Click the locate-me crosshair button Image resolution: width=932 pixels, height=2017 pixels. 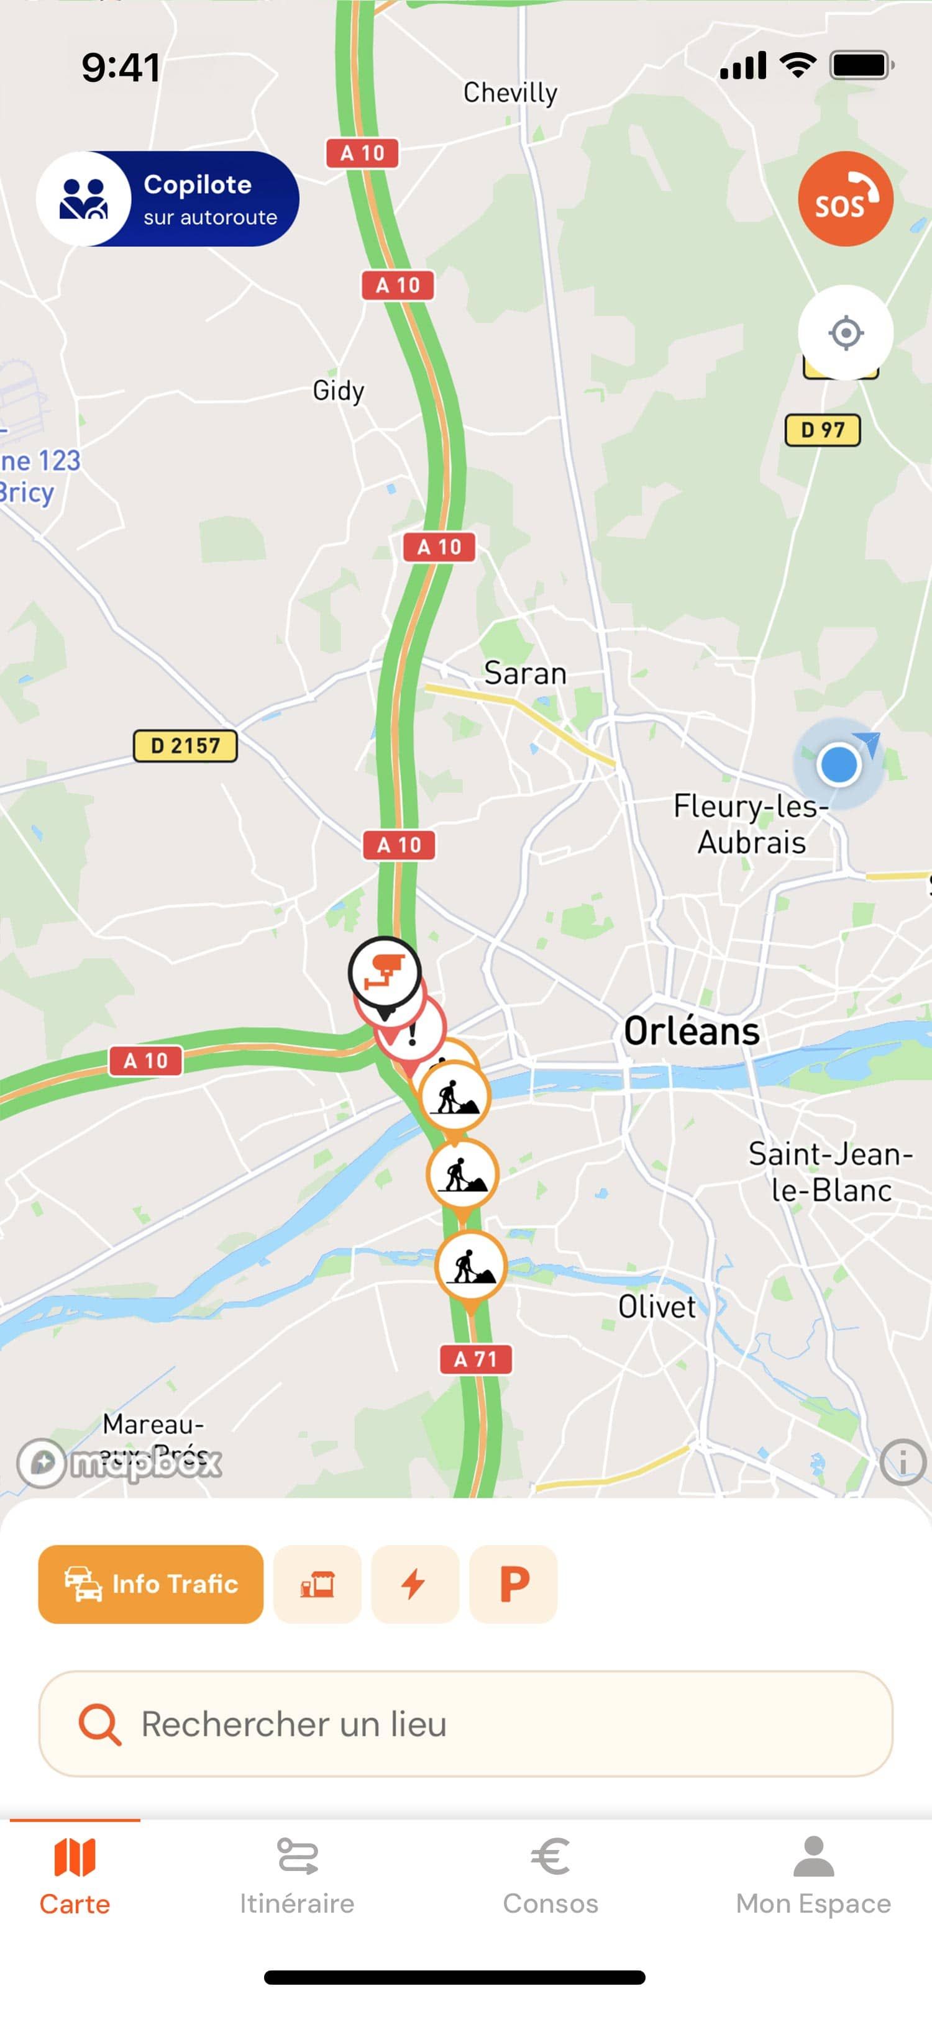[845, 333]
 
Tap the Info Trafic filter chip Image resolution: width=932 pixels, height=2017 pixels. [150, 1584]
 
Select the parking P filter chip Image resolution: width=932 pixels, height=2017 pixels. [513, 1584]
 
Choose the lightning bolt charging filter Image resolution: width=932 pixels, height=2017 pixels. [414, 1584]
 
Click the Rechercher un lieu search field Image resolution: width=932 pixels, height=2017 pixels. [465, 1723]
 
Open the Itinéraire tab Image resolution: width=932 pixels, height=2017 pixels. [297, 1876]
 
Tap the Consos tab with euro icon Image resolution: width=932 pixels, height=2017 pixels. [550, 1876]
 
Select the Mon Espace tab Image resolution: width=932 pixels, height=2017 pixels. [813, 1876]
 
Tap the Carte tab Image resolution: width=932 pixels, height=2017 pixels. [75, 1876]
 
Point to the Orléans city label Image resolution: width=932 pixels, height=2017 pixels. [691, 1031]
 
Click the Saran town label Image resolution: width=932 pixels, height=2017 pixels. [525, 673]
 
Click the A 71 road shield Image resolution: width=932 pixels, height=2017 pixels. [475, 1359]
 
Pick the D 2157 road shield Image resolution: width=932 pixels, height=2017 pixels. [185, 745]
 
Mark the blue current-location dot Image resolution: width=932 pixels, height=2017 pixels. [838, 764]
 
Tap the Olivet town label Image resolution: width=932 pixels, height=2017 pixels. [656, 1306]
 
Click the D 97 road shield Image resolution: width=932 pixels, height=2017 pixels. [823, 430]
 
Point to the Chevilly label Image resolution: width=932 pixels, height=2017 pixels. [510, 93]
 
